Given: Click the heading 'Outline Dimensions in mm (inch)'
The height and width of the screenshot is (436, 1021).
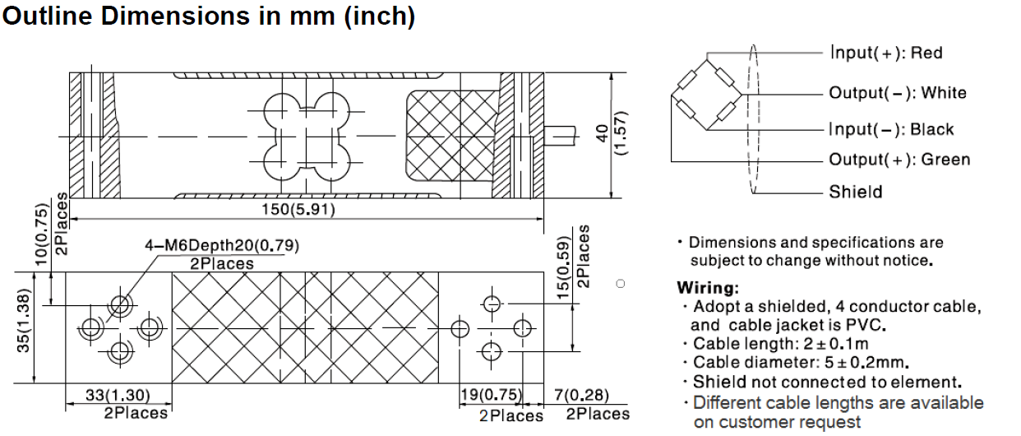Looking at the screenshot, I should point(209,16).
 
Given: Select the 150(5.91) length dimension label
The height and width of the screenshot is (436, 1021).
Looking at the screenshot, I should point(298,209).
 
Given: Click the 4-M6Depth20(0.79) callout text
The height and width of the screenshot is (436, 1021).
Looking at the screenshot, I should point(222,246).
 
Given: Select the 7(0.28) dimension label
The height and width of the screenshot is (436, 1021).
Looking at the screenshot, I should point(583,395).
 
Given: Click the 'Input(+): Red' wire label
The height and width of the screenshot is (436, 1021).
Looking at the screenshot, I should point(885,53).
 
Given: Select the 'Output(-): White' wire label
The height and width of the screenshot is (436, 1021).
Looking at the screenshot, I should point(897,93).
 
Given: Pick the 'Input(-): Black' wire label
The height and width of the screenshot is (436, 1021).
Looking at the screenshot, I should point(891,129).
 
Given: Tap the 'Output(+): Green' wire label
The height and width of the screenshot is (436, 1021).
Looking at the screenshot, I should point(899,160).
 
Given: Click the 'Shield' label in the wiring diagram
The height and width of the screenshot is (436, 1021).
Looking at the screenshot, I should point(855,192).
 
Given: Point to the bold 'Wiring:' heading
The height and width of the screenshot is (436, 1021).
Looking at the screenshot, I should point(707,289).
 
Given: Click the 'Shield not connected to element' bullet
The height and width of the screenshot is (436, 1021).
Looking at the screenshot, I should point(826,382).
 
